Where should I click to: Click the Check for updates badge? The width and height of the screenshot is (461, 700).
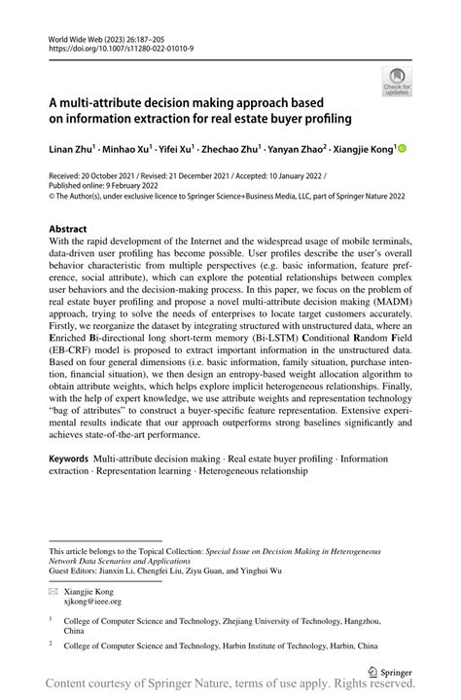click(398, 80)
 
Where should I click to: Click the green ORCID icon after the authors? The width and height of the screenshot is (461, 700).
click(402, 149)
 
